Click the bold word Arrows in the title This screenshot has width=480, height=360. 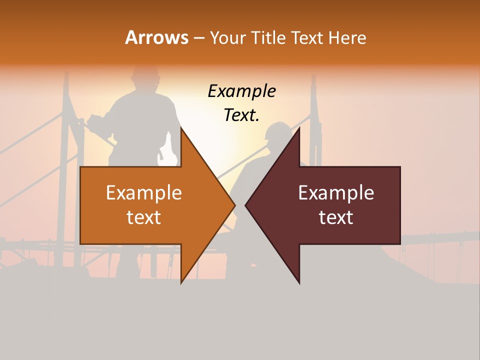(x=156, y=37)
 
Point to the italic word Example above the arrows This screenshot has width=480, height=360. (x=241, y=91)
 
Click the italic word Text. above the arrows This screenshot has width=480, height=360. (x=241, y=115)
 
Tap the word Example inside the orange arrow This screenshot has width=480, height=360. (x=144, y=193)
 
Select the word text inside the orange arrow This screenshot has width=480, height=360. (x=144, y=217)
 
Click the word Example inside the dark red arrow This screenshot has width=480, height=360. (x=336, y=193)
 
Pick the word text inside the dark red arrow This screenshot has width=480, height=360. (x=336, y=217)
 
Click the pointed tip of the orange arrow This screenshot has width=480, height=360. (x=234, y=205)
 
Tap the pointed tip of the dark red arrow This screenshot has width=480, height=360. (x=246, y=205)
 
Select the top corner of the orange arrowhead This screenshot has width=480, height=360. (x=181, y=128)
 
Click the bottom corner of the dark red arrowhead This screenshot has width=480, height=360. (x=299, y=283)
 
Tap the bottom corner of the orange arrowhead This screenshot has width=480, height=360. (x=181, y=283)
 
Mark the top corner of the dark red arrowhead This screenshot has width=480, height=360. (x=299, y=128)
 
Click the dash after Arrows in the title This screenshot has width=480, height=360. (x=198, y=38)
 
